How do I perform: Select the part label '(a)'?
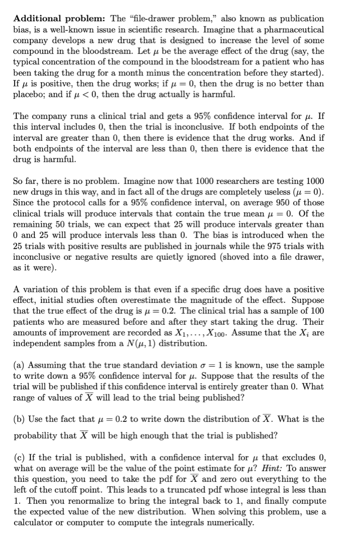(19, 365)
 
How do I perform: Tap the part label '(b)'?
(19, 419)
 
